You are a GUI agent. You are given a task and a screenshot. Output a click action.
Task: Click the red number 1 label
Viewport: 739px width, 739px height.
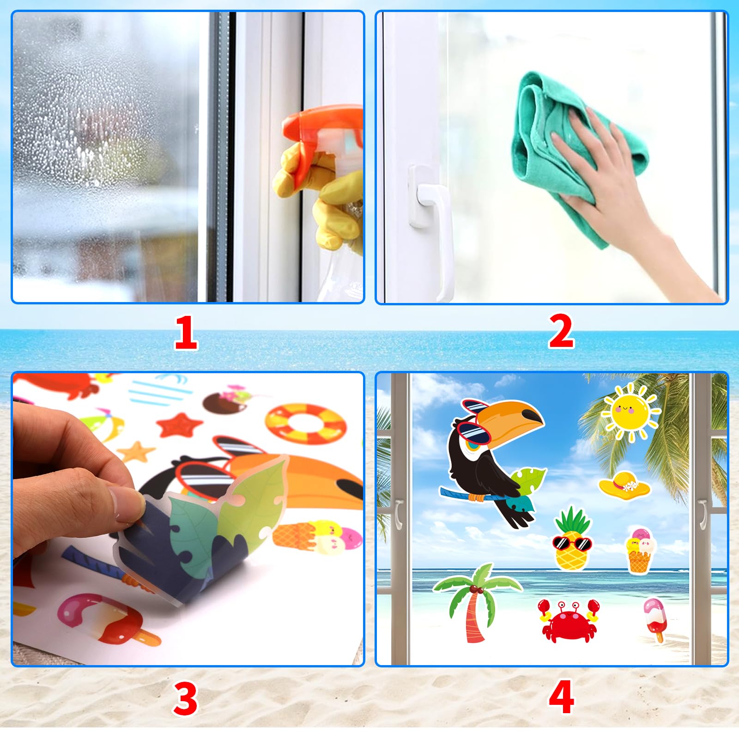186,333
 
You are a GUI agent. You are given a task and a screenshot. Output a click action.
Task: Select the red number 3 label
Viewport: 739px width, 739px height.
186,698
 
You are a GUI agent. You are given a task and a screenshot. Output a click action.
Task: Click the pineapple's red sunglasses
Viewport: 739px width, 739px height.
572,543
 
